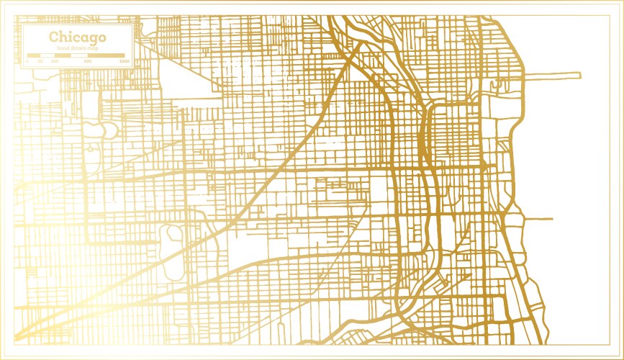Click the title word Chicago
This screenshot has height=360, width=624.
pos(77,37)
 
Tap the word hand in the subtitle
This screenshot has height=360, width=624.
pos(63,48)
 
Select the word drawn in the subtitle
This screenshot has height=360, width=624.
pos(77,48)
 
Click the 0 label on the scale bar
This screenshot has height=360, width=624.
pos(27,61)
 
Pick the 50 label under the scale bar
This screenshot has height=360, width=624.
pos(41,61)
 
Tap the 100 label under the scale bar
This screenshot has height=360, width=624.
pos(55,61)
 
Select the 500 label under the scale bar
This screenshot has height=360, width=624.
pos(87,61)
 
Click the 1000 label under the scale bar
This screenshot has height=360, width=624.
pos(124,61)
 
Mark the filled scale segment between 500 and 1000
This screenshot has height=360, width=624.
pos(106,55)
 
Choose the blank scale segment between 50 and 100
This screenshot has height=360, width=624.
pos(48,55)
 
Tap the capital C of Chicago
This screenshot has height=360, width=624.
pos(54,37)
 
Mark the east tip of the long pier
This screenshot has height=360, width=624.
pos(579,74)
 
